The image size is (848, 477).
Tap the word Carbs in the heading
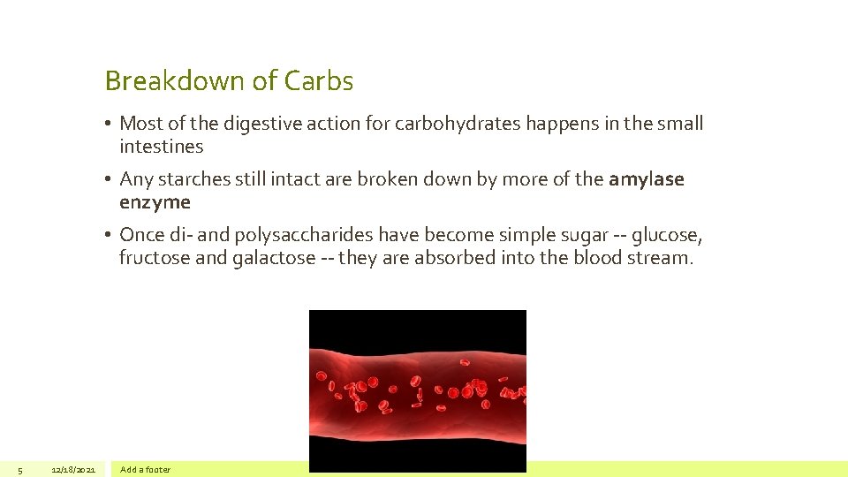tap(319, 81)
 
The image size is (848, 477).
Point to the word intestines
tap(161, 147)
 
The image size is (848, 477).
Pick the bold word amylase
tap(646, 179)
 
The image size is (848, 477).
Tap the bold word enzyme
tap(155, 202)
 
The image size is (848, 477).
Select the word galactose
tap(273, 258)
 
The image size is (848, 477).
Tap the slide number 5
tap(19, 469)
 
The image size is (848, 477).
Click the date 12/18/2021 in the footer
tap(73, 469)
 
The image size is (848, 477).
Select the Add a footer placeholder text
tap(145, 469)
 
